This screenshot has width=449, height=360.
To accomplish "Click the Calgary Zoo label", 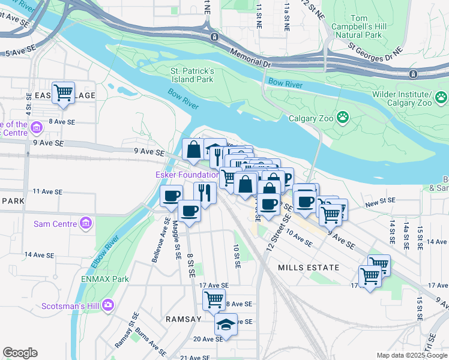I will click(x=311, y=118).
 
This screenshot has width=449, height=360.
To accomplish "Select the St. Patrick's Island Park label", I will click(x=188, y=75).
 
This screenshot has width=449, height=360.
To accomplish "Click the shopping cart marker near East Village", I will click(x=63, y=93).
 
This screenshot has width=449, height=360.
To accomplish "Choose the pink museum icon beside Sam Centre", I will click(x=86, y=223).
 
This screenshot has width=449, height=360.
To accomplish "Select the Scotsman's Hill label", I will click(x=70, y=305).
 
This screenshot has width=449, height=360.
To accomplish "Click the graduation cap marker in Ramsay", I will click(x=226, y=325).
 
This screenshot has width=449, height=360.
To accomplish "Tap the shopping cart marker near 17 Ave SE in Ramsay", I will click(x=214, y=299).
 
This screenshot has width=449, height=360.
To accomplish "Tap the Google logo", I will click(x=20, y=353).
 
